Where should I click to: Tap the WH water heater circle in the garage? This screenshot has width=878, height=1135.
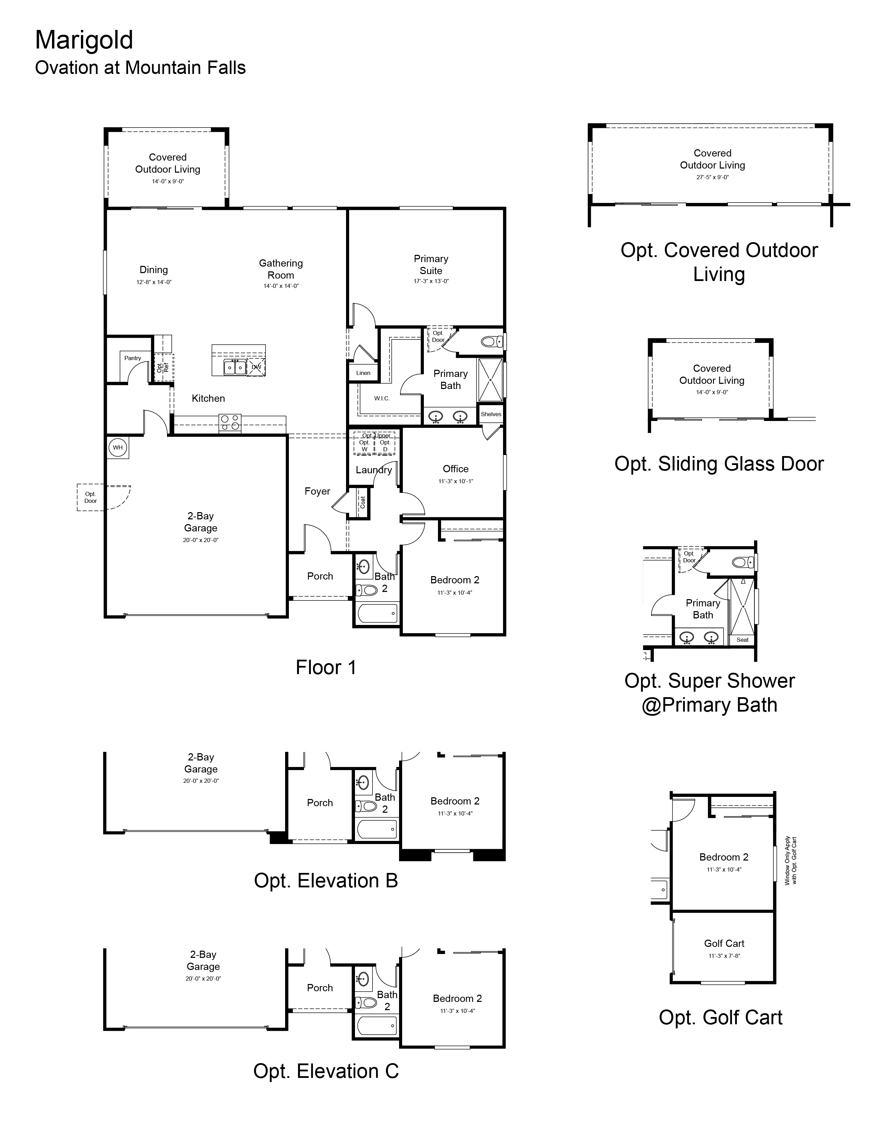click(118, 447)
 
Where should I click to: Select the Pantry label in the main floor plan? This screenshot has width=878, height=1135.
click(133, 358)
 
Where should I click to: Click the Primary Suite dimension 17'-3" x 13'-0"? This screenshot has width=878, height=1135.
click(431, 281)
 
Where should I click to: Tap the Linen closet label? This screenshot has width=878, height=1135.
click(363, 372)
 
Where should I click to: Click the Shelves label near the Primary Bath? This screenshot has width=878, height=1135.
click(491, 414)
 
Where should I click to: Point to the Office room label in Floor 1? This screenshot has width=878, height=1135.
click(455, 469)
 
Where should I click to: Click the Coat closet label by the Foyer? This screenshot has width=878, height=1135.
click(363, 502)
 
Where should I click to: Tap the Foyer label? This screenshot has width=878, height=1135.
click(317, 491)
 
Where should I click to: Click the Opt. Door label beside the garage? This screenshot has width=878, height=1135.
click(91, 497)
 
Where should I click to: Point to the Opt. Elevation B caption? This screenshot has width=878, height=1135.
click(326, 881)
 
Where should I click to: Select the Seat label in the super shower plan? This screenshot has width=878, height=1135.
click(742, 640)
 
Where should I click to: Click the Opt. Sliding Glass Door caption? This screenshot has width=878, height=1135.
click(719, 464)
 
